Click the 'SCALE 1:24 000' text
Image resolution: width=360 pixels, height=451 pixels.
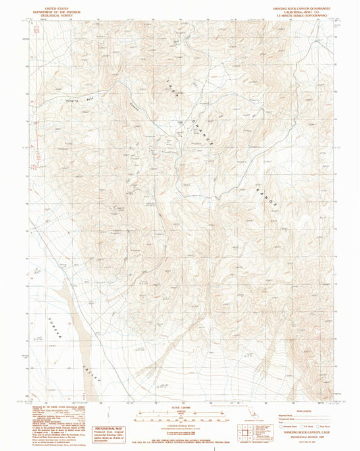(180, 405)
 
